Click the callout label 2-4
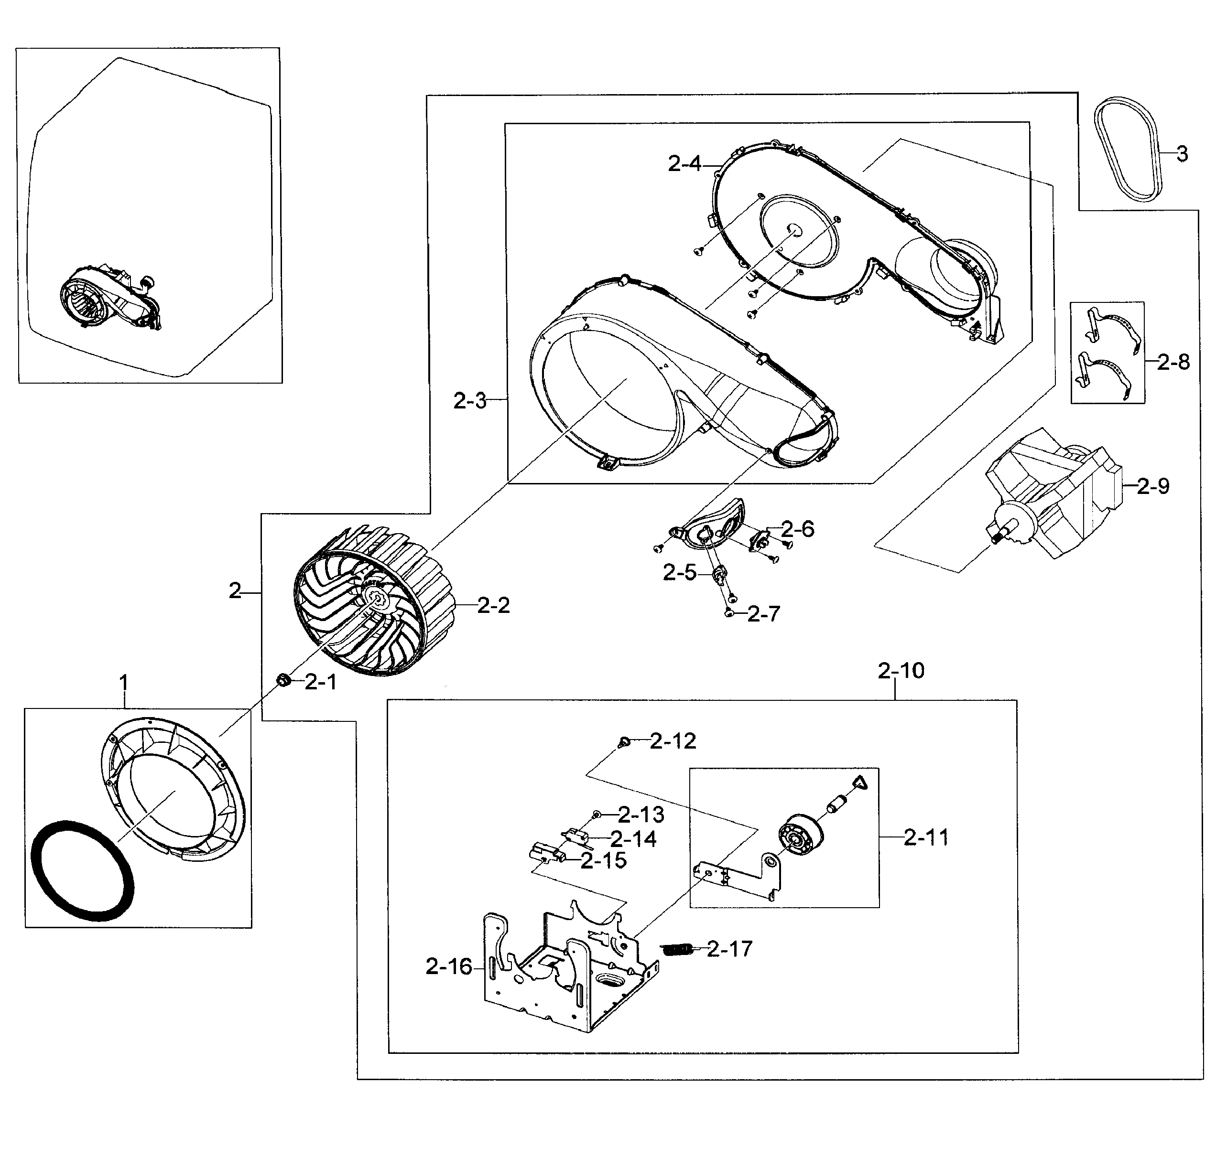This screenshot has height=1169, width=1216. pos(684,164)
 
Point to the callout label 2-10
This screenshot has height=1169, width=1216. pos(901,670)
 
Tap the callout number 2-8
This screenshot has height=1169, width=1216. pos(1173,362)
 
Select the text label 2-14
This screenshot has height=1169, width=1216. pos(633,839)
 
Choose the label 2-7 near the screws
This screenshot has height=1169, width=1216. pos(763,614)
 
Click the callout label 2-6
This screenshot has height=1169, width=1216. pos(797,529)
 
